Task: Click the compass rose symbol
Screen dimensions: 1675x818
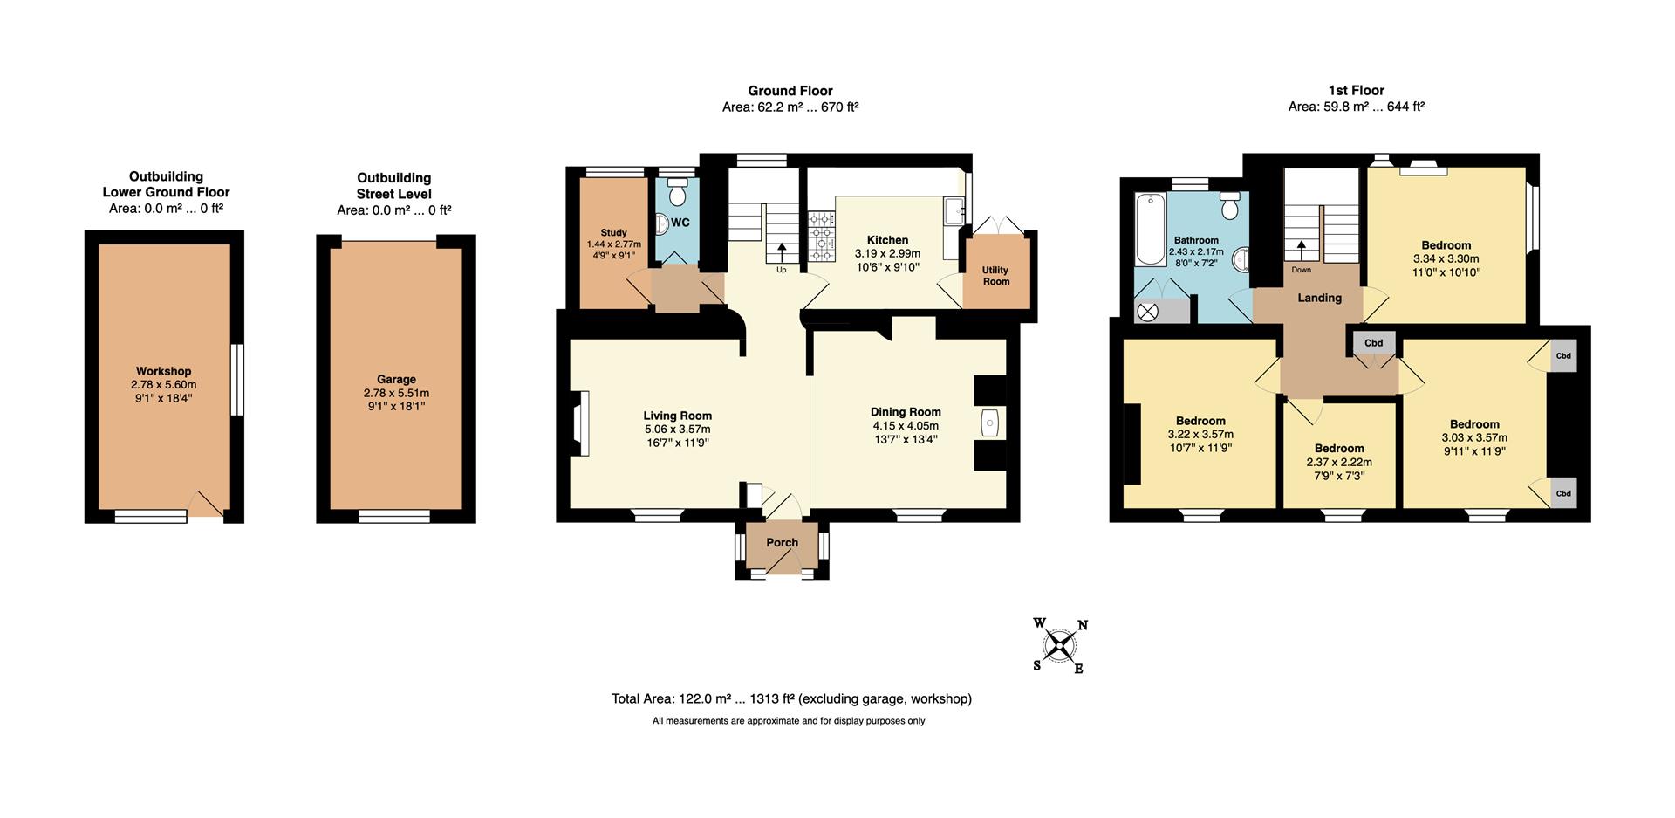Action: point(1061,646)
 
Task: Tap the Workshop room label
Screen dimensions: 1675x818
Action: point(164,371)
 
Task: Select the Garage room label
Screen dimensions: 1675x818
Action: point(396,379)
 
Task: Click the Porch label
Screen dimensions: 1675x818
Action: point(783,542)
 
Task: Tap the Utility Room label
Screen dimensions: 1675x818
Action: point(996,276)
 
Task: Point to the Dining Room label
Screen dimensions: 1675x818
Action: point(906,412)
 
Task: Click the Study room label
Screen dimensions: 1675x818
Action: point(613,233)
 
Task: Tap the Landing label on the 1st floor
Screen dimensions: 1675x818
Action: point(1319,298)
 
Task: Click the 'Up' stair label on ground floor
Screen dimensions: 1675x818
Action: point(782,270)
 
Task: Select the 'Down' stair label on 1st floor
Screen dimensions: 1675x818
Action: point(1302,270)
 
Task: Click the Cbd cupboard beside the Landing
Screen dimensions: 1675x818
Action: point(1373,343)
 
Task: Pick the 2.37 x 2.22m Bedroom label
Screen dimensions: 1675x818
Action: point(1339,449)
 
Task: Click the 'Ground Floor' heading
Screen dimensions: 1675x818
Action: point(790,91)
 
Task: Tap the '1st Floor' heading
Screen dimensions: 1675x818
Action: point(1357,90)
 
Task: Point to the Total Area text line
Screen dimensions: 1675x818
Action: point(791,698)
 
